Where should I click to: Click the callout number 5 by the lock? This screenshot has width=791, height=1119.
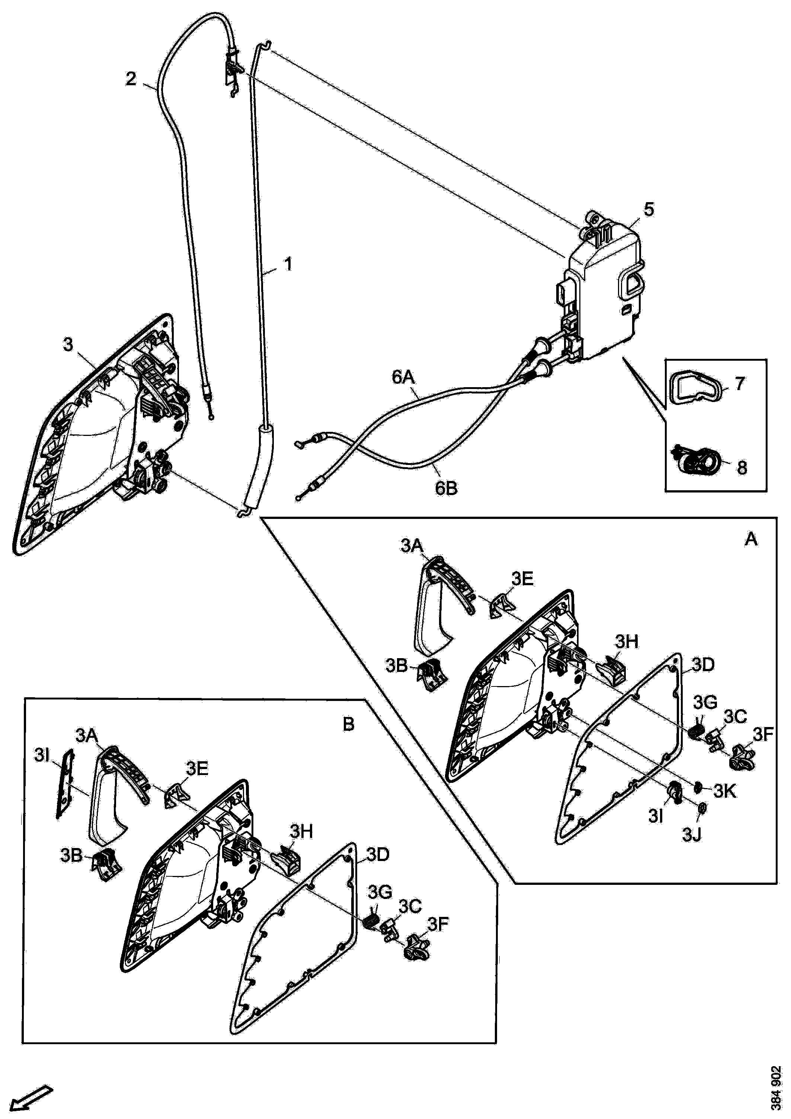649,210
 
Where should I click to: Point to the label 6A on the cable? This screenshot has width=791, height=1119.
404,378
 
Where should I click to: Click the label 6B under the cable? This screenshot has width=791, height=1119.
446,488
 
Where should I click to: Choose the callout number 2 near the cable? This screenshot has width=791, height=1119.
131,79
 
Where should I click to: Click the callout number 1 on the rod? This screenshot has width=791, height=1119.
288,265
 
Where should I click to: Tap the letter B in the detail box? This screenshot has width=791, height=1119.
348,725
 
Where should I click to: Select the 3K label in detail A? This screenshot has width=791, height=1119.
725,792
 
